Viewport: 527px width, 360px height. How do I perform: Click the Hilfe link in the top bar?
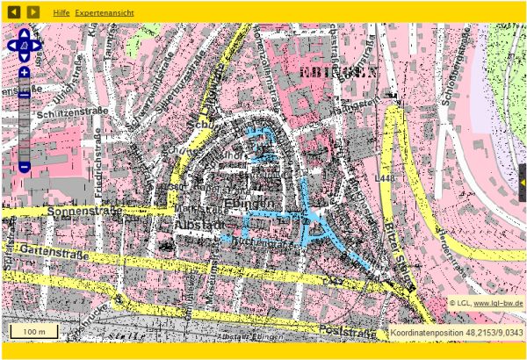61,15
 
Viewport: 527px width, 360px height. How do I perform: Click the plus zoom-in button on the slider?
25,73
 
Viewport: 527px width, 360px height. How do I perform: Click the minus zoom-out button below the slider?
25,166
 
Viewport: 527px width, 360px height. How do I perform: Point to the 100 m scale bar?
34,332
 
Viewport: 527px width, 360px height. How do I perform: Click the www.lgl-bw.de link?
498,303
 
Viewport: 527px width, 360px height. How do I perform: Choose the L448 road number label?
384,178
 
